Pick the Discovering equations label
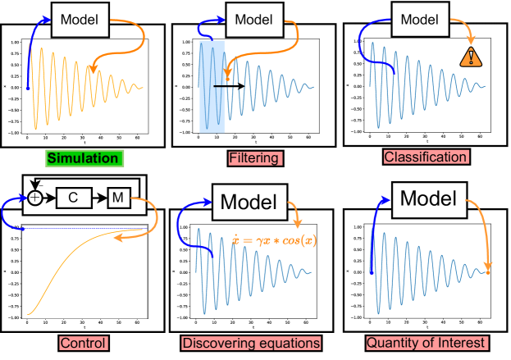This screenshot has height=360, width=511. (x=253, y=341)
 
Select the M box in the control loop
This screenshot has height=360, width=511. (x=117, y=198)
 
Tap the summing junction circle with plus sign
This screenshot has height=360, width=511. (x=35, y=198)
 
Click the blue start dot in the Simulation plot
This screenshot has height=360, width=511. (x=27, y=88)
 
